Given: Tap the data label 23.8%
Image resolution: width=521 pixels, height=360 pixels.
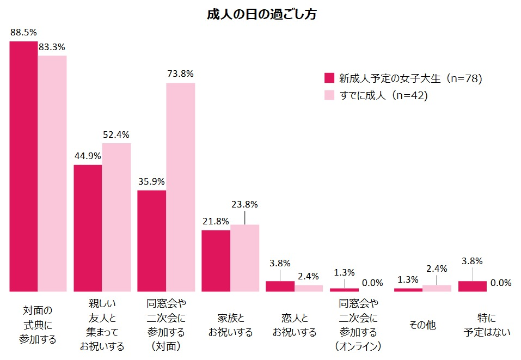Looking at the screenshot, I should tap(244, 205).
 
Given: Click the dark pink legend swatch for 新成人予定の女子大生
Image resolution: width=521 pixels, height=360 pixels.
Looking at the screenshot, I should tap(328, 78).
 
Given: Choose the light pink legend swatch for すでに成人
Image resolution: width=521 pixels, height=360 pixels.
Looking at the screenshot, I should tap(328, 95).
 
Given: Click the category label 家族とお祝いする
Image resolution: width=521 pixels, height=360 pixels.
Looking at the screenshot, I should tap(230, 325).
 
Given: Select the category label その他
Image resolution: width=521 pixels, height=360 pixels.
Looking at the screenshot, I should tap(422, 325).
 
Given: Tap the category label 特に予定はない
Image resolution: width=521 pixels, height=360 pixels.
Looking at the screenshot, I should tap(487, 325).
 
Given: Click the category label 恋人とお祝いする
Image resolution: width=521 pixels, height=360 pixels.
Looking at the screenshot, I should tap(294, 325).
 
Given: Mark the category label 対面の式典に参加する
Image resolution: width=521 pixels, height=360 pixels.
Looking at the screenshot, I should tap(38, 325).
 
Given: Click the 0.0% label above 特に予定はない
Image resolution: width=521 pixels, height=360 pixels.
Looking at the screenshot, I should tap(501, 283).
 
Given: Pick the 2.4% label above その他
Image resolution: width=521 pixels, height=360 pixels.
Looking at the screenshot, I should tap(437, 268).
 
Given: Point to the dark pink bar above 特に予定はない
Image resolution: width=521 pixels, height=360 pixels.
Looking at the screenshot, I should tap(473, 286).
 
